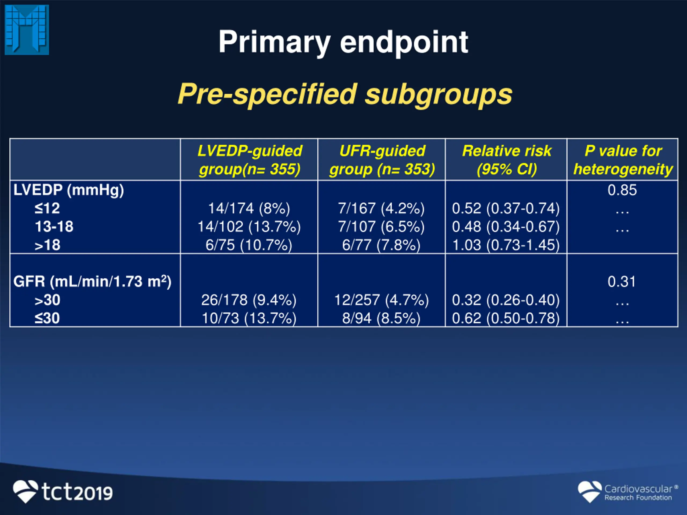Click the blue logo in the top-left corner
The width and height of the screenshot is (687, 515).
tap(27, 30)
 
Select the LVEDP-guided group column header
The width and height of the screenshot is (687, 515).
tap(249, 160)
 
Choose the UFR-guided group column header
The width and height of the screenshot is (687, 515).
tap(382, 160)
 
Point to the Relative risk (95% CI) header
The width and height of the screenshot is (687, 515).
tap(507, 160)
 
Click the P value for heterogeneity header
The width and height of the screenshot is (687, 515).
tap(623, 160)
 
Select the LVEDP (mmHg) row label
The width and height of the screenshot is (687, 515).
tap(69, 190)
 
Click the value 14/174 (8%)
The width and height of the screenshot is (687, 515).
tap(249, 208)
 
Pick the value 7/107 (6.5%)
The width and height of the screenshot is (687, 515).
tap(381, 227)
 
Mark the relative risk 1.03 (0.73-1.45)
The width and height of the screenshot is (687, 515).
tap(506, 245)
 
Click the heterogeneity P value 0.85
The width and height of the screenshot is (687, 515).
tap(622, 190)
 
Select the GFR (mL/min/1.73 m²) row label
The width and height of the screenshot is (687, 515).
tap(92, 282)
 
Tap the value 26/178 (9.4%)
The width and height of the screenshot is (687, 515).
tap(249, 300)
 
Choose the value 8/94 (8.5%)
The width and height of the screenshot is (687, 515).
tap(381, 318)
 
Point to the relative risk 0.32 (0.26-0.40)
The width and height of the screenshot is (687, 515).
tap(506, 300)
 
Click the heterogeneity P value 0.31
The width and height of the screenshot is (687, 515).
tap(622, 282)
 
